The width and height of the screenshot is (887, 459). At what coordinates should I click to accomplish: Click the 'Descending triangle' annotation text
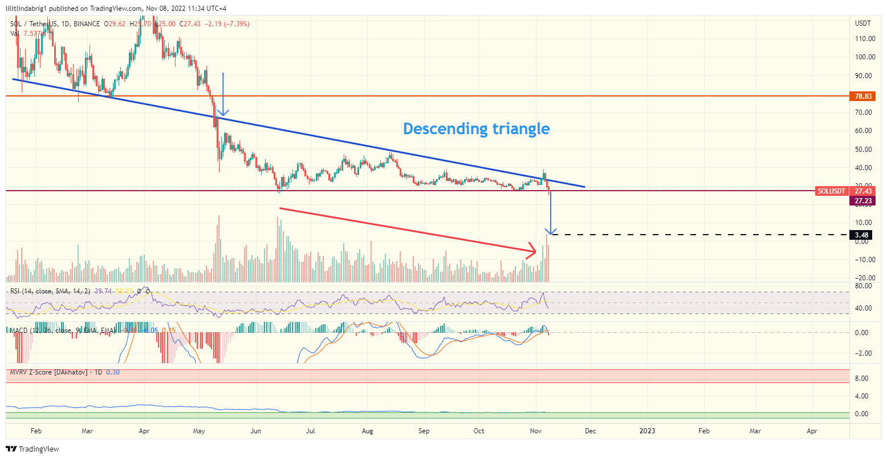pyautogui.click(x=476, y=129)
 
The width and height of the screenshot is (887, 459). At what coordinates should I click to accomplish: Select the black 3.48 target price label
pyautogui.click(x=861, y=235)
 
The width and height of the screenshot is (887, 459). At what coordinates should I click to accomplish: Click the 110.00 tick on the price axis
pyautogui.click(x=865, y=39)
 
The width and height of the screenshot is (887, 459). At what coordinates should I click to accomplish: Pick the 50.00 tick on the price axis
pyautogui.click(x=864, y=150)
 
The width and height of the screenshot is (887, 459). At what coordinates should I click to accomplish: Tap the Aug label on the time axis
pyautogui.click(x=368, y=431)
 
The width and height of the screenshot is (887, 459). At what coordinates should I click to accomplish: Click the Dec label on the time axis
pyautogui.click(x=590, y=431)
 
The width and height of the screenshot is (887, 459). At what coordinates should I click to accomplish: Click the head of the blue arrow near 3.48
pyautogui.click(x=550, y=231)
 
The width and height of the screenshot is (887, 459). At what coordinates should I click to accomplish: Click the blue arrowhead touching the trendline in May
pyautogui.click(x=222, y=114)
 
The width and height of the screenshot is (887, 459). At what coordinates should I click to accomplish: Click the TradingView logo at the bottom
pyautogui.click(x=32, y=449)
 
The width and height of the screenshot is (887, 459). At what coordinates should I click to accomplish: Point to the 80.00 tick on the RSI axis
pyautogui.click(x=863, y=286)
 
